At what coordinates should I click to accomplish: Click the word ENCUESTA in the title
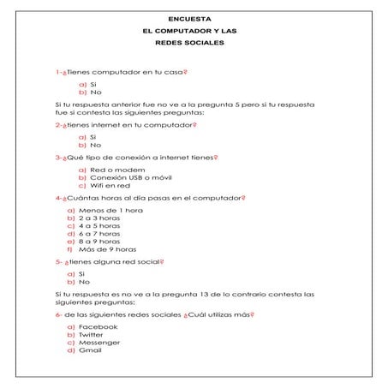194,17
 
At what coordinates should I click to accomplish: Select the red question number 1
57,74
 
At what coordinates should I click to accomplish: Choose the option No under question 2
95,145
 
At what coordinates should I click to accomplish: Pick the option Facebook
98,327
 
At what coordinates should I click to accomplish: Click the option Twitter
96,335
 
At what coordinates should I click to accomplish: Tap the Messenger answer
102,343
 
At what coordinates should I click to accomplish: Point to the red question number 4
57,198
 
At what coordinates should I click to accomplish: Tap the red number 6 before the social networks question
57,314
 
